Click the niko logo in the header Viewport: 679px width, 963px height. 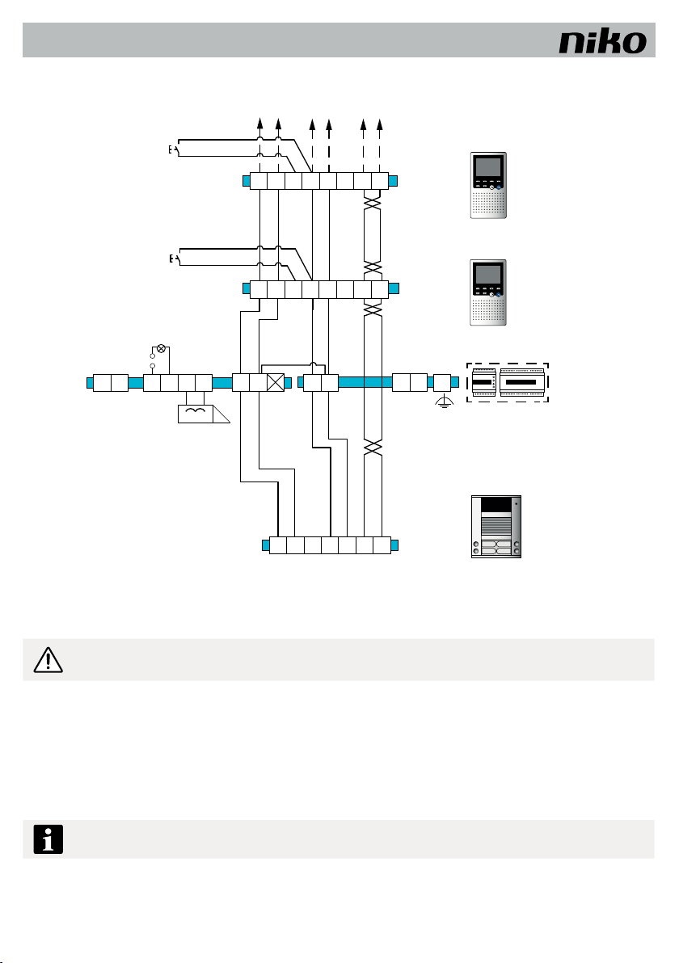602,42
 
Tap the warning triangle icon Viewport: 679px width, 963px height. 48,659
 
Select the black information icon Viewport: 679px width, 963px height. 48,839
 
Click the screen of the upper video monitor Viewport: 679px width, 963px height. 488,168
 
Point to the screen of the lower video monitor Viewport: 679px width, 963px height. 488,275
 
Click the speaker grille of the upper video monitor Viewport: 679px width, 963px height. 488,203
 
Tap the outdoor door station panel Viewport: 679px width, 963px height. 496,526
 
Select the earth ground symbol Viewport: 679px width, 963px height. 443,403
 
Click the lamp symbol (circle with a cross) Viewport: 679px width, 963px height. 161,349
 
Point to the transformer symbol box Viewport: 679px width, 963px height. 196,414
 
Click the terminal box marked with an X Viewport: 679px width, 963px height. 276,383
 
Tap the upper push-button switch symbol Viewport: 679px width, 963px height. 174,149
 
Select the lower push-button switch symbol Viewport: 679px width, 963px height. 174,259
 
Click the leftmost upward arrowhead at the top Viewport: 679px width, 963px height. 260,124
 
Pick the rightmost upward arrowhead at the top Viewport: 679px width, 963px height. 380,124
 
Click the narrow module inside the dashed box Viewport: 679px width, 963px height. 483,382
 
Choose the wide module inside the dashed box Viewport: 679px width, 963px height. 521,382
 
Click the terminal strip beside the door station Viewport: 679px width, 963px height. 331,545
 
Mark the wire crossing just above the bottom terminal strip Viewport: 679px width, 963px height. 373,448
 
